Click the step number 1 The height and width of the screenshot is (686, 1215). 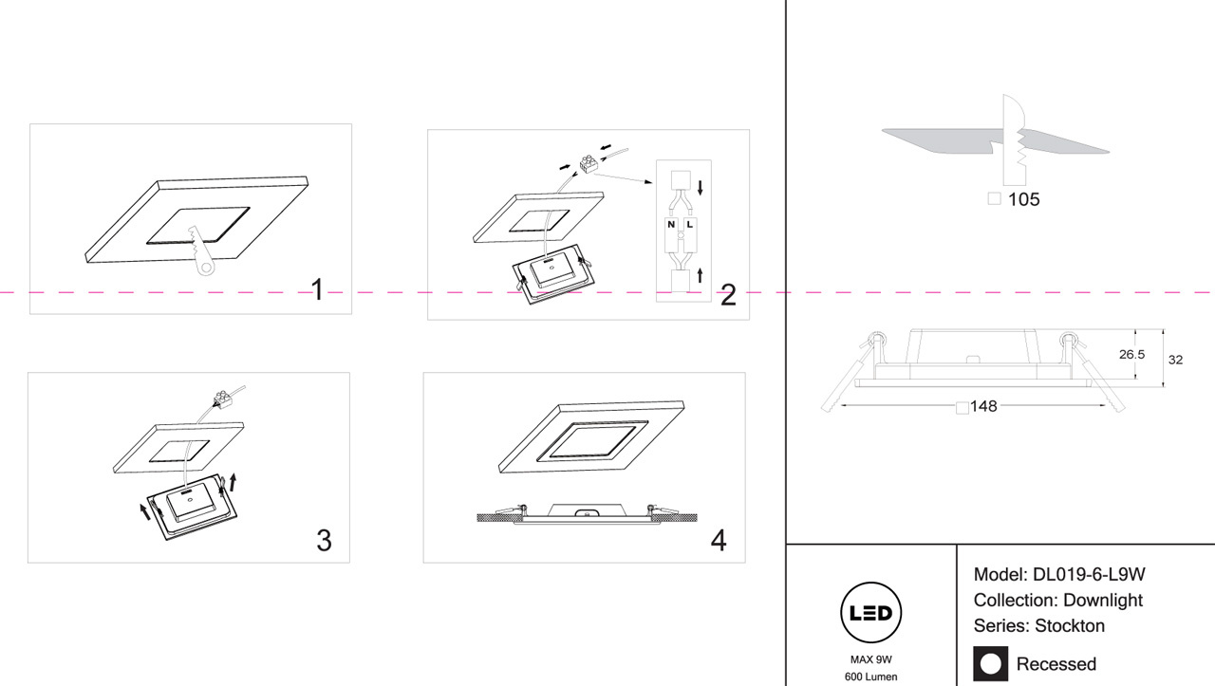(318, 290)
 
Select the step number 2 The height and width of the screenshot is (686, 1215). (728, 295)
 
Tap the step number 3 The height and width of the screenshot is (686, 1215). (324, 541)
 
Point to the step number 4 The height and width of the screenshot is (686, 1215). (719, 541)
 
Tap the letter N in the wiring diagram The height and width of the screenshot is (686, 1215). (671, 225)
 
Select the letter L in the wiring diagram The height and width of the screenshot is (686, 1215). (690, 225)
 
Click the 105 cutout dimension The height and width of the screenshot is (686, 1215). (1024, 200)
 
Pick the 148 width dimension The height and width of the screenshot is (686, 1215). (983, 407)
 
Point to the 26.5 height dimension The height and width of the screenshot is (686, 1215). (1131, 355)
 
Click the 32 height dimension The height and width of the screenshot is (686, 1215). (1175, 360)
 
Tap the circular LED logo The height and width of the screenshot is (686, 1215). (871, 614)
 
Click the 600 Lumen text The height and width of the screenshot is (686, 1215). (871, 677)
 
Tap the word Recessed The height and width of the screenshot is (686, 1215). (1056, 664)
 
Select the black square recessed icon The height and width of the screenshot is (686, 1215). (991, 663)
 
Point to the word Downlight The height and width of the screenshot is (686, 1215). (1102, 601)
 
